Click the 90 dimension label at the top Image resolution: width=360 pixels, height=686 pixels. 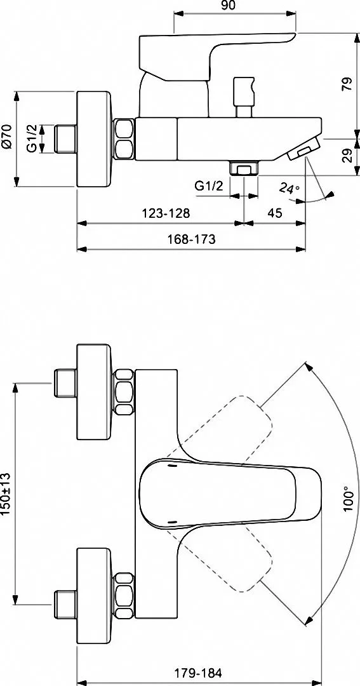click(x=229, y=5)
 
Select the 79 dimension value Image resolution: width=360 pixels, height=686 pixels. click(x=347, y=84)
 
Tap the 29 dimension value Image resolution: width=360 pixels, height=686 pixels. click(x=347, y=156)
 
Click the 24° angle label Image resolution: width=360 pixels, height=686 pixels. click(x=290, y=188)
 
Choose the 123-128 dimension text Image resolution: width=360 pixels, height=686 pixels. click(x=166, y=213)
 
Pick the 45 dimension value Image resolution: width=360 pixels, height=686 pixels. click(x=274, y=213)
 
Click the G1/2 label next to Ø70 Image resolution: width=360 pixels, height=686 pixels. click(x=32, y=139)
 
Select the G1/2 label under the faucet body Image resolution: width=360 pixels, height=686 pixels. click(x=209, y=186)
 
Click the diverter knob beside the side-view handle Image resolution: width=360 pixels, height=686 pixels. click(x=244, y=97)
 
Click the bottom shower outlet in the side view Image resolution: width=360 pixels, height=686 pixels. click(x=244, y=168)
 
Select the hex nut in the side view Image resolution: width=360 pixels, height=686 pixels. click(x=124, y=139)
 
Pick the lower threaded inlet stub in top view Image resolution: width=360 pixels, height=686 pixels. click(x=65, y=605)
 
